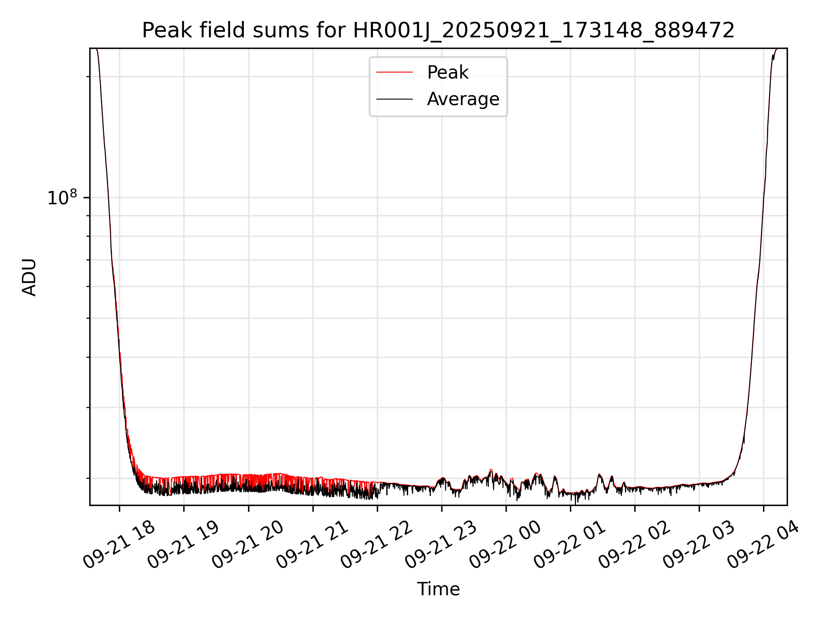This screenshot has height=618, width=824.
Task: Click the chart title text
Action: (x=438, y=30)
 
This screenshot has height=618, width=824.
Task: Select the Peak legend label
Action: (x=448, y=73)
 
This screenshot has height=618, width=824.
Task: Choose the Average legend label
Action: (x=463, y=99)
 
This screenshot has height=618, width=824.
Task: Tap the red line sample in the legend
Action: (x=394, y=73)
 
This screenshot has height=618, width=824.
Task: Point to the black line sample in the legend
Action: (x=394, y=99)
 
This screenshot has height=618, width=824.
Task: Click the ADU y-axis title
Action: (x=29, y=277)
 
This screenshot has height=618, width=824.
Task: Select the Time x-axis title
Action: (x=438, y=589)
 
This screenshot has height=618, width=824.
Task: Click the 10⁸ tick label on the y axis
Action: (x=62, y=198)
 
